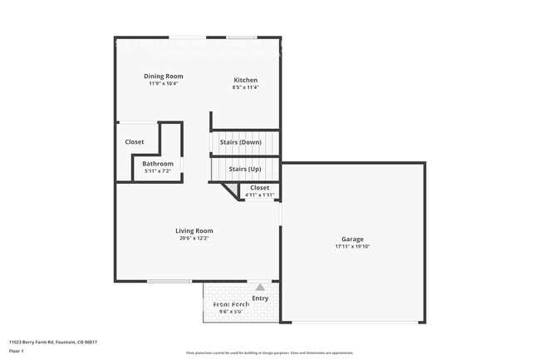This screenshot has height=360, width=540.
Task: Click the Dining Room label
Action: point(164,76)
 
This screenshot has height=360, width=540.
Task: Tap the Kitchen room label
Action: point(245,80)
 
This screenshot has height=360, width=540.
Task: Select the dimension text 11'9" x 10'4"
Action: point(164,83)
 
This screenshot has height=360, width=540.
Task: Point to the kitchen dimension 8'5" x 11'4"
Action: point(245,87)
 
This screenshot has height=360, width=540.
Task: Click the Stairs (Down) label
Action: point(240,142)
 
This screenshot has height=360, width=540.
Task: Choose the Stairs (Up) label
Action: point(245,169)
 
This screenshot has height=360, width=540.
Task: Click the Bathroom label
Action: point(158,164)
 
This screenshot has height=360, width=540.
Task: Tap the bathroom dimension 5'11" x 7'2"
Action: point(158,171)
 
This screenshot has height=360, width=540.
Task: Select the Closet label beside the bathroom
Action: point(135,142)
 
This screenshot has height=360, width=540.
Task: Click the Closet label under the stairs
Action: point(259,188)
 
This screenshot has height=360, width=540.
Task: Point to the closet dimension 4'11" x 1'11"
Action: point(259,195)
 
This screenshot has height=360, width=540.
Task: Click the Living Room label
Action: point(194,230)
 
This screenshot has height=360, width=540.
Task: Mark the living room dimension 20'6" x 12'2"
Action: point(194,239)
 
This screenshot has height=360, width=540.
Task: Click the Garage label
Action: point(352,239)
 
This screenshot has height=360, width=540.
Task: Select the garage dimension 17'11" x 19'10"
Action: point(352,247)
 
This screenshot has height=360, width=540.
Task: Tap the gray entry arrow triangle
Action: point(259,287)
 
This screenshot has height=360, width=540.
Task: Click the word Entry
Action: point(260,298)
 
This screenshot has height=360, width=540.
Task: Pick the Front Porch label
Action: point(230,304)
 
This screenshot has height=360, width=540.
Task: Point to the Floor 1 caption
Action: point(17,352)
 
